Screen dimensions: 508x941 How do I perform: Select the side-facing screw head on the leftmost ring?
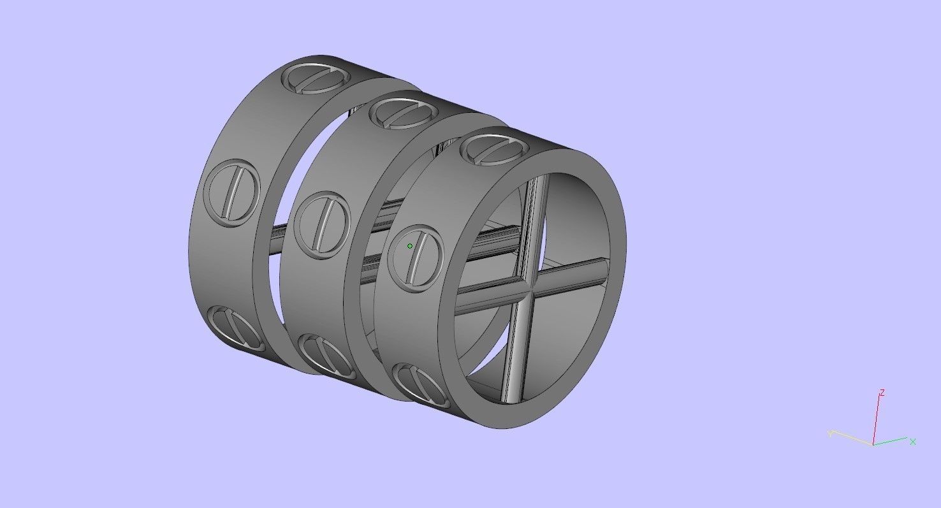233,193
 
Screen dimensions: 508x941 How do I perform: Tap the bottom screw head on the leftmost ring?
236,328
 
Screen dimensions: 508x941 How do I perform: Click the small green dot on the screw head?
410,246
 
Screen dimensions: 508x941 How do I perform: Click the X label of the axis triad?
913,441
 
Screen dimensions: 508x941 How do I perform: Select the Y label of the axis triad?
830,433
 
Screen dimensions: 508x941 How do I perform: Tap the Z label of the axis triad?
882,393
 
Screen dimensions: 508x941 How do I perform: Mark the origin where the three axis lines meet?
873,444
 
